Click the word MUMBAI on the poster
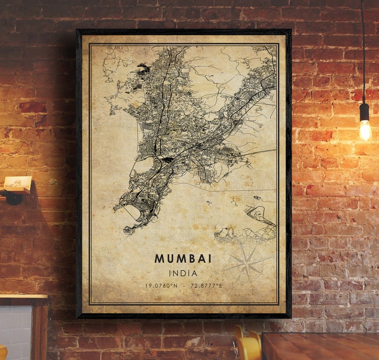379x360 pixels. pos(183,258)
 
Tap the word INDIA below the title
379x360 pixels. pos(183,273)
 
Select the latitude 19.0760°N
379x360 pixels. pos(161,286)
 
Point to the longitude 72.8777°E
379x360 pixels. pos(206,286)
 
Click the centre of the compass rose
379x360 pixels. pos(247,261)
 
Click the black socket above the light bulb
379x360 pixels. pos(364,111)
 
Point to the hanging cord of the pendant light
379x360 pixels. pos(363,48)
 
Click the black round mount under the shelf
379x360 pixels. pos(13,197)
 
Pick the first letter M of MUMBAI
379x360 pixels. pos(158,258)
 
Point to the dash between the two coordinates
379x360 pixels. pos(183,286)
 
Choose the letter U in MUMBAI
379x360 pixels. pos(168,258)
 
